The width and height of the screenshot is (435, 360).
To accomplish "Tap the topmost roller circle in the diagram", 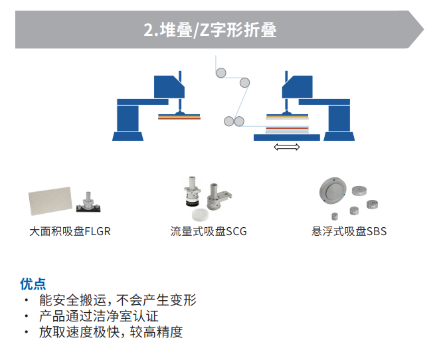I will (220, 72).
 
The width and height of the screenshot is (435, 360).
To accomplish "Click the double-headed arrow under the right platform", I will (287, 147).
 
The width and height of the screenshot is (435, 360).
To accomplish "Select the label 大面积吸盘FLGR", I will (70, 232).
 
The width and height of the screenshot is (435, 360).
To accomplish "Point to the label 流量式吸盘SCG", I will (209, 232).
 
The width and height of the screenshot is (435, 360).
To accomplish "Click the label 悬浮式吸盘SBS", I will (349, 232).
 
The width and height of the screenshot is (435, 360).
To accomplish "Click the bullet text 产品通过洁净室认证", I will (99, 316).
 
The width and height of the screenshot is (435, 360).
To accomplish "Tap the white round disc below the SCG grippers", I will (200, 215).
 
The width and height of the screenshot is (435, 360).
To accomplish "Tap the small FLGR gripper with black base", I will (87, 203).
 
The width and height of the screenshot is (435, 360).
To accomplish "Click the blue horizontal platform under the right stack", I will (287, 137).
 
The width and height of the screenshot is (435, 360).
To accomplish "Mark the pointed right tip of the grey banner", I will (422, 31).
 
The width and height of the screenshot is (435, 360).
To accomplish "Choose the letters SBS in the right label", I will (376, 232).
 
